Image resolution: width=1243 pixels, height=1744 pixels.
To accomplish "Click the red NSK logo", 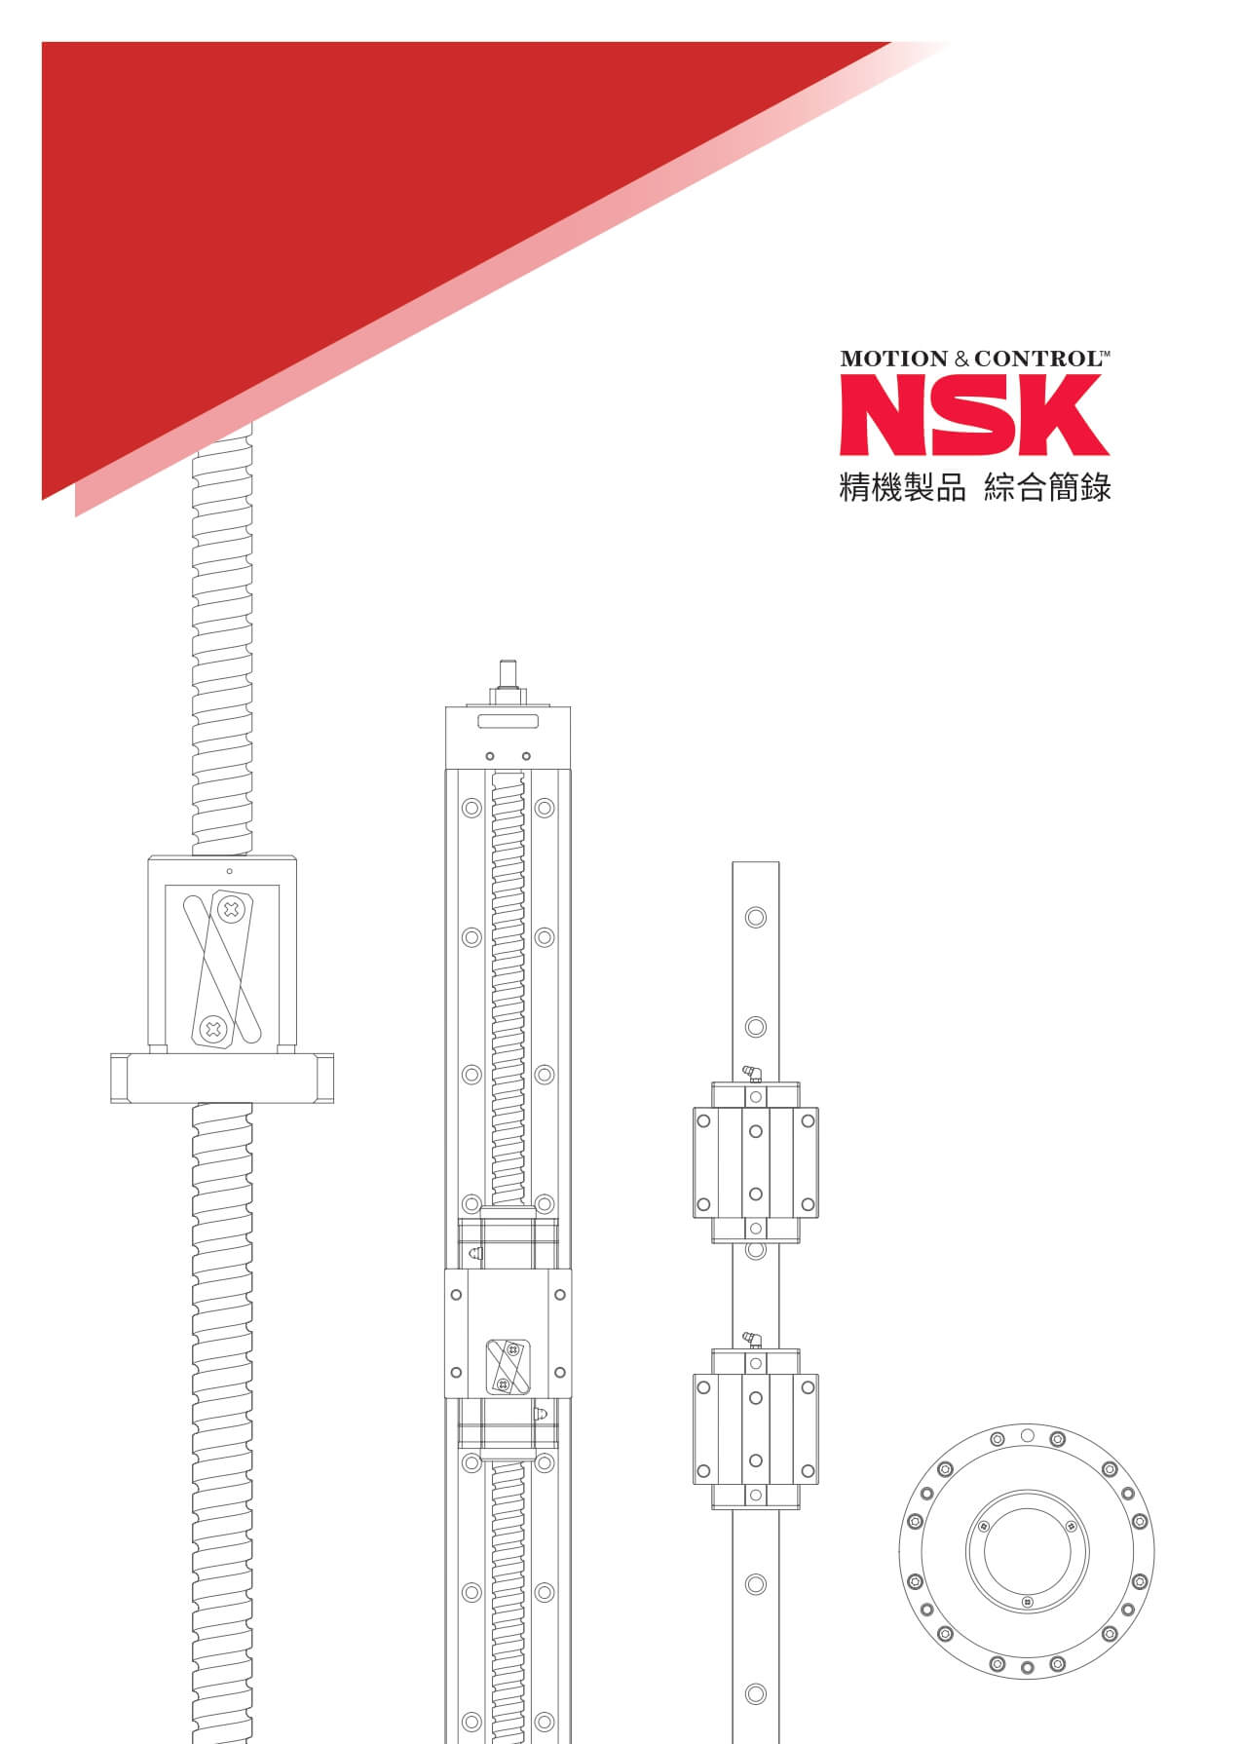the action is [974, 415].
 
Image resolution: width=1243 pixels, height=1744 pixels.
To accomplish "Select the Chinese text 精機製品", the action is [902, 487].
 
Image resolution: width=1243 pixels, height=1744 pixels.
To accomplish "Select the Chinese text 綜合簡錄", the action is [1048, 487].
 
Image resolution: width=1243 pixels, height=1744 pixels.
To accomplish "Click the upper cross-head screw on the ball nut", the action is [232, 910].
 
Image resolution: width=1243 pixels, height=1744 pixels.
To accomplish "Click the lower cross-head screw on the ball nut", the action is [212, 1029].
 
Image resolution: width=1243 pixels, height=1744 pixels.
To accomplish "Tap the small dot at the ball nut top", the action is [229, 870].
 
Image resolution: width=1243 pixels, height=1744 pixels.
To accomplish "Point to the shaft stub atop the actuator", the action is [508, 676].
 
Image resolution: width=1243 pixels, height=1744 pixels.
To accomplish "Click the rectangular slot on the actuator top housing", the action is [508, 721].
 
